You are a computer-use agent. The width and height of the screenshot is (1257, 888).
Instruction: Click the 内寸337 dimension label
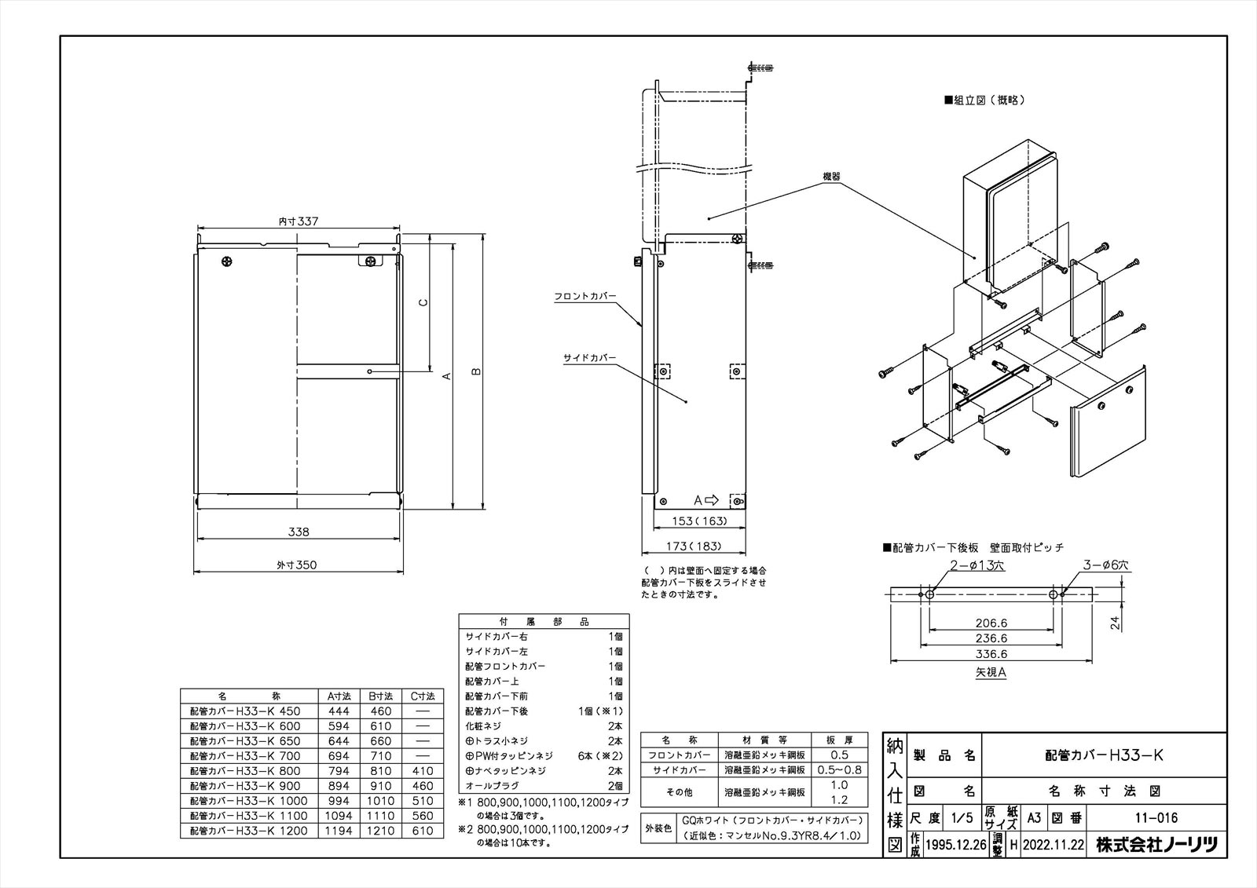pos(299,222)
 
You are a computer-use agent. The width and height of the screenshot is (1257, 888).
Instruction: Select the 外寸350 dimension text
pos(296,565)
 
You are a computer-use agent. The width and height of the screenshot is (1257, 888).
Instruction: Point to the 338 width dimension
pos(299,532)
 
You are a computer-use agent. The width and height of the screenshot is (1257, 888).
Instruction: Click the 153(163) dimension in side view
pos(700,521)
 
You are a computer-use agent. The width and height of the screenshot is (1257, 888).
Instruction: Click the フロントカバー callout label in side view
pos(585,296)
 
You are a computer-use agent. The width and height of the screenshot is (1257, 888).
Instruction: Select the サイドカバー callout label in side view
pos(589,358)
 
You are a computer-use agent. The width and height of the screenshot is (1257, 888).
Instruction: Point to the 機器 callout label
pos(831,177)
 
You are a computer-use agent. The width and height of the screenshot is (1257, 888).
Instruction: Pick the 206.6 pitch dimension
pos(991,623)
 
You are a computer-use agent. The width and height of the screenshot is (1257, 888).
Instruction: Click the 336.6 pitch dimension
pos(991,653)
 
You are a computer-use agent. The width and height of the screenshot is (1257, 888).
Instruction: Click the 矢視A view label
pos(991,672)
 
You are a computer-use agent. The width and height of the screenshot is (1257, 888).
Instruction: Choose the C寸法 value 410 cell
pos(422,770)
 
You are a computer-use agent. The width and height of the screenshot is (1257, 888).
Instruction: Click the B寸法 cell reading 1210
pos(380,830)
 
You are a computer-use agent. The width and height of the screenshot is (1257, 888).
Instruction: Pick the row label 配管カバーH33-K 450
pos(245,711)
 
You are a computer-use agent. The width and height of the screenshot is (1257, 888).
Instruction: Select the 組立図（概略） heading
pos(985,100)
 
